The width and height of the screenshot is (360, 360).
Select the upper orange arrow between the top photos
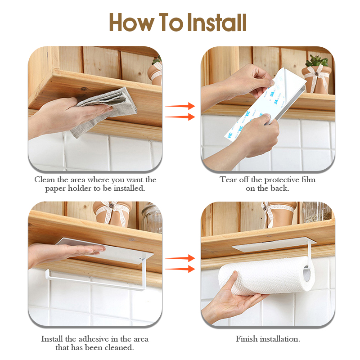180,106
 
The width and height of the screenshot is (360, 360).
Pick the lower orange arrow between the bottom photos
180,269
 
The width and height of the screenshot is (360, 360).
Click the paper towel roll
261,279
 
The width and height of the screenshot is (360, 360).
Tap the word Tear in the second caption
228,180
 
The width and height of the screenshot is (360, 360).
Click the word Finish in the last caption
247,339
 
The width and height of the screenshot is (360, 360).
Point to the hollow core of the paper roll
307,279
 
